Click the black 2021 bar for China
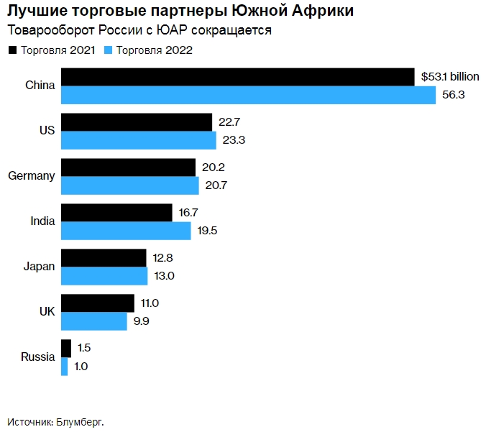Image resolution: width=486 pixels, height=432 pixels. pyautogui.click(x=237, y=77)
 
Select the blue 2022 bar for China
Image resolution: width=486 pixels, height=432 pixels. pyautogui.click(x=248, y=95)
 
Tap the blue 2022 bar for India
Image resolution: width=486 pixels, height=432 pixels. pyautogui.click(x=126, y=231)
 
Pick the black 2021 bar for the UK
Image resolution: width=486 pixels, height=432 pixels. pyautogui.click(x=98, y=303)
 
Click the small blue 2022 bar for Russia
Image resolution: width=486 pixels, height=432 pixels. pyautogui.click(x=65, y=367)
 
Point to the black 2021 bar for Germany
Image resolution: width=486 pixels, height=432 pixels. pyautogui.click(x=128, y=167)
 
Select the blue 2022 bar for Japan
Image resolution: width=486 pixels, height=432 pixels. pyautogui.click(x=104, y=276)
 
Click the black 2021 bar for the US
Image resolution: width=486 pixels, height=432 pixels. pyautogui.click(x=137, y=122)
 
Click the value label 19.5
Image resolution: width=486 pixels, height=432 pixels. pyautogui.click(x=208, y=231)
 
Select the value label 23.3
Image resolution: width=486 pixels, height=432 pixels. pyautogui.click(x=234, y=140)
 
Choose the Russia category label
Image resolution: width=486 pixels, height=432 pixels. pyautogui.click(x=38, y=357)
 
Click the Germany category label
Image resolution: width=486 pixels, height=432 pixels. pyautogui.click(x=31, y=176)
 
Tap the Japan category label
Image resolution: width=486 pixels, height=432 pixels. pyautogui.click(x=39, y=267)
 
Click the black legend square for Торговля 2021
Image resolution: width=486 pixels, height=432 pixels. pyautogui.click(x=12, y=50)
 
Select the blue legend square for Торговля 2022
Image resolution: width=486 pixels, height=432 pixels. pyautogui.click(x=109, y=50)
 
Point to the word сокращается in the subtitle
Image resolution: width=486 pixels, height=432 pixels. pyautogui.click(x=234, y=30)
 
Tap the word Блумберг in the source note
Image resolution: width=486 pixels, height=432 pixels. pyautogui.click(x=79, y=422)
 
